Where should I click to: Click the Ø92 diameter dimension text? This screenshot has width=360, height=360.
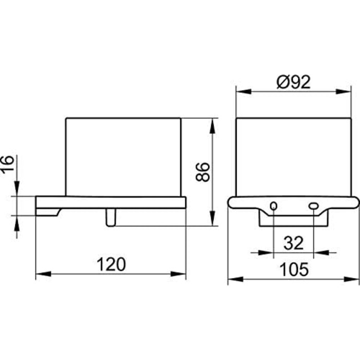point(294,82)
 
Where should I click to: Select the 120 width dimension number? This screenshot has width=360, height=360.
point(112,264)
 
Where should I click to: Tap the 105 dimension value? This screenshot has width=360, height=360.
point(294,269)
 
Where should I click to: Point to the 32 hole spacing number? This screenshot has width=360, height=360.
point(294,243)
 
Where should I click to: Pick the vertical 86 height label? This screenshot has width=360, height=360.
point(203,172)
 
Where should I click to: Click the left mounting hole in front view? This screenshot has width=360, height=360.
point(274,206)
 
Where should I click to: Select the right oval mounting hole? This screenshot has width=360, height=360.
point(313,206)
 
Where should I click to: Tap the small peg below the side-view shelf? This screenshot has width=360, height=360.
point(111,218)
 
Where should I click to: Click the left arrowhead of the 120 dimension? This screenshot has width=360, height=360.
point(44,274)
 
